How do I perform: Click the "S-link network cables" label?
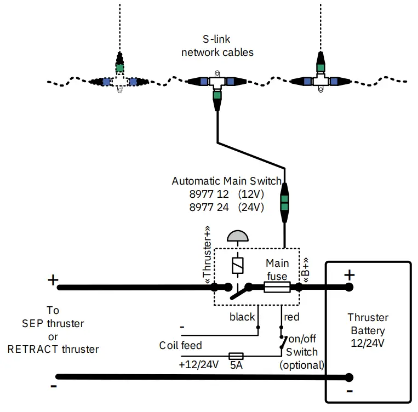pos(217,47)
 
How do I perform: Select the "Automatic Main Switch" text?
pos(226,181)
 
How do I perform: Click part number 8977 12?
pos(208,194)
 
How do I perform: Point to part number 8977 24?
pos(208,208)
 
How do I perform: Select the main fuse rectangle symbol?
pos(277,287)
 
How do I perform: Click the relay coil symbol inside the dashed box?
pos(238,266)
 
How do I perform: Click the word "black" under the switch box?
pos(242,317)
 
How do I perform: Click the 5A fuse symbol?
pos(236,356)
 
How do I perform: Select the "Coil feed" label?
pos(181,346)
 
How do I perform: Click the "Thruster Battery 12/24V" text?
pos(368,330)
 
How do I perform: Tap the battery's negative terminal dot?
pos(349,377)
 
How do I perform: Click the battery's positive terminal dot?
pos(349,287)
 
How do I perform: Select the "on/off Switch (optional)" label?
pos(302,352)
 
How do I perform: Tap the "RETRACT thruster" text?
pos(53,349)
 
